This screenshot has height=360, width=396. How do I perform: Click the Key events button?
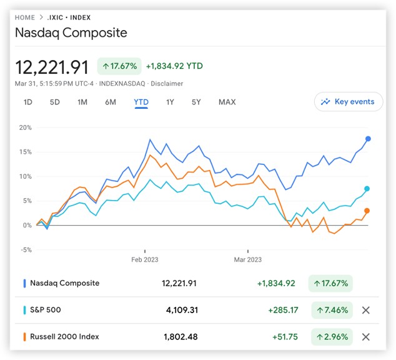tap(349, 102)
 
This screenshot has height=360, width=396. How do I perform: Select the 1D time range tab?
tap(28, 102)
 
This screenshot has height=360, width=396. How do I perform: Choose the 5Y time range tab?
tap(197, 102)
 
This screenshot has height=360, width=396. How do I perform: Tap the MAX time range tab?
tap(227, 102)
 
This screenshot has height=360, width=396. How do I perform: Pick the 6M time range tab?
tap(111, 102)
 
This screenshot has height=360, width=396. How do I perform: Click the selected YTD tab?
tap(141, 102)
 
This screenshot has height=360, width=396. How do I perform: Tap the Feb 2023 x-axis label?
tap(144, 259)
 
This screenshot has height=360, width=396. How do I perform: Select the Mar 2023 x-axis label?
tap(247, 259)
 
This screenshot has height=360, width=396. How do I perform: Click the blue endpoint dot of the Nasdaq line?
tap(368, 139)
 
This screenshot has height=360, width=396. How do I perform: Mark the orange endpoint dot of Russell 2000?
tap(367, 211)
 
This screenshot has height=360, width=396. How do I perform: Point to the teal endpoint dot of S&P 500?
tap(367, 189)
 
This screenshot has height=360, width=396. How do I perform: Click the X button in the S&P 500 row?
tap(366, 310)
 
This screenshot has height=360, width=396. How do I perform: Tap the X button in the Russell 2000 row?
tap(366, 337)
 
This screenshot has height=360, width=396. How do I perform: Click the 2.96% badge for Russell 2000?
tap(330, 337)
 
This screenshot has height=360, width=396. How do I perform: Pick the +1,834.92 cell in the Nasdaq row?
tap(276, 283)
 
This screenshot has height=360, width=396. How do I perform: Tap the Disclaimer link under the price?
tap(166, 83)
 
